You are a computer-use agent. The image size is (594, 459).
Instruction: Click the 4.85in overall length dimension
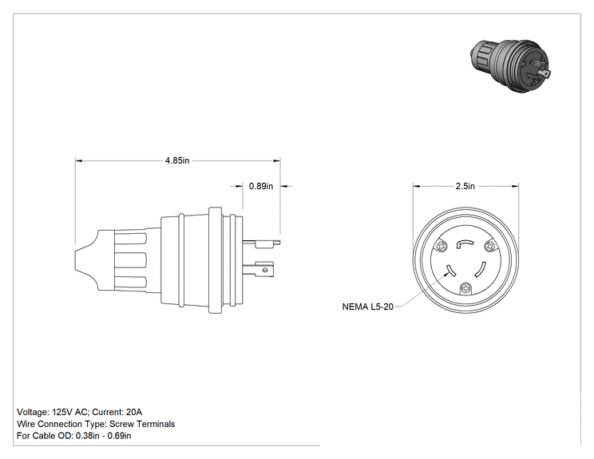pos(177,160)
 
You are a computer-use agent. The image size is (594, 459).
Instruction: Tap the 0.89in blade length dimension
pos(260,186)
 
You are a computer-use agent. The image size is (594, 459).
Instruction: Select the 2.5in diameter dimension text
pos(465,186)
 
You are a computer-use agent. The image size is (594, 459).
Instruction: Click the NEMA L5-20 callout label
pos(367,307)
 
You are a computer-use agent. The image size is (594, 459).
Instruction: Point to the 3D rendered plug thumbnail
pos(510,65)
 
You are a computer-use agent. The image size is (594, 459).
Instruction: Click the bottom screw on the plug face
pos(465,289)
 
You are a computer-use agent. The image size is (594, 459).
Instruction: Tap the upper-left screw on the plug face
pos(442,247)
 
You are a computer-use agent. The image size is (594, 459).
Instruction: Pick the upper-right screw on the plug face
pos(490,247)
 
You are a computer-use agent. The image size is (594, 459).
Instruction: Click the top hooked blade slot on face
pos(465,243)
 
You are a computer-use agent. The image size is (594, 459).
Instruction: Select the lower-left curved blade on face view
pos(451,271)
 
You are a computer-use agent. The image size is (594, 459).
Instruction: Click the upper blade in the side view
pos(261,243)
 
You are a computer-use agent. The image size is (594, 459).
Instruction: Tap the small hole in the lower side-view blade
pos(265,270)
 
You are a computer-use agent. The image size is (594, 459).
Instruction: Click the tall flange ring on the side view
pos(216,260)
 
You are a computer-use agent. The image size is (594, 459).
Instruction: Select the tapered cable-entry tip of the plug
pos(86,260)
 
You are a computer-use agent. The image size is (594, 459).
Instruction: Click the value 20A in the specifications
pos(134,412)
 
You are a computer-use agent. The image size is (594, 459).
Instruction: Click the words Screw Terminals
pos(142,424)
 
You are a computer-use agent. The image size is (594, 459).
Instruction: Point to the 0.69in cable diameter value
pos(119,436)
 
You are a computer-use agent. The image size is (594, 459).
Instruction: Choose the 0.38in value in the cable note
pos(88,436)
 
